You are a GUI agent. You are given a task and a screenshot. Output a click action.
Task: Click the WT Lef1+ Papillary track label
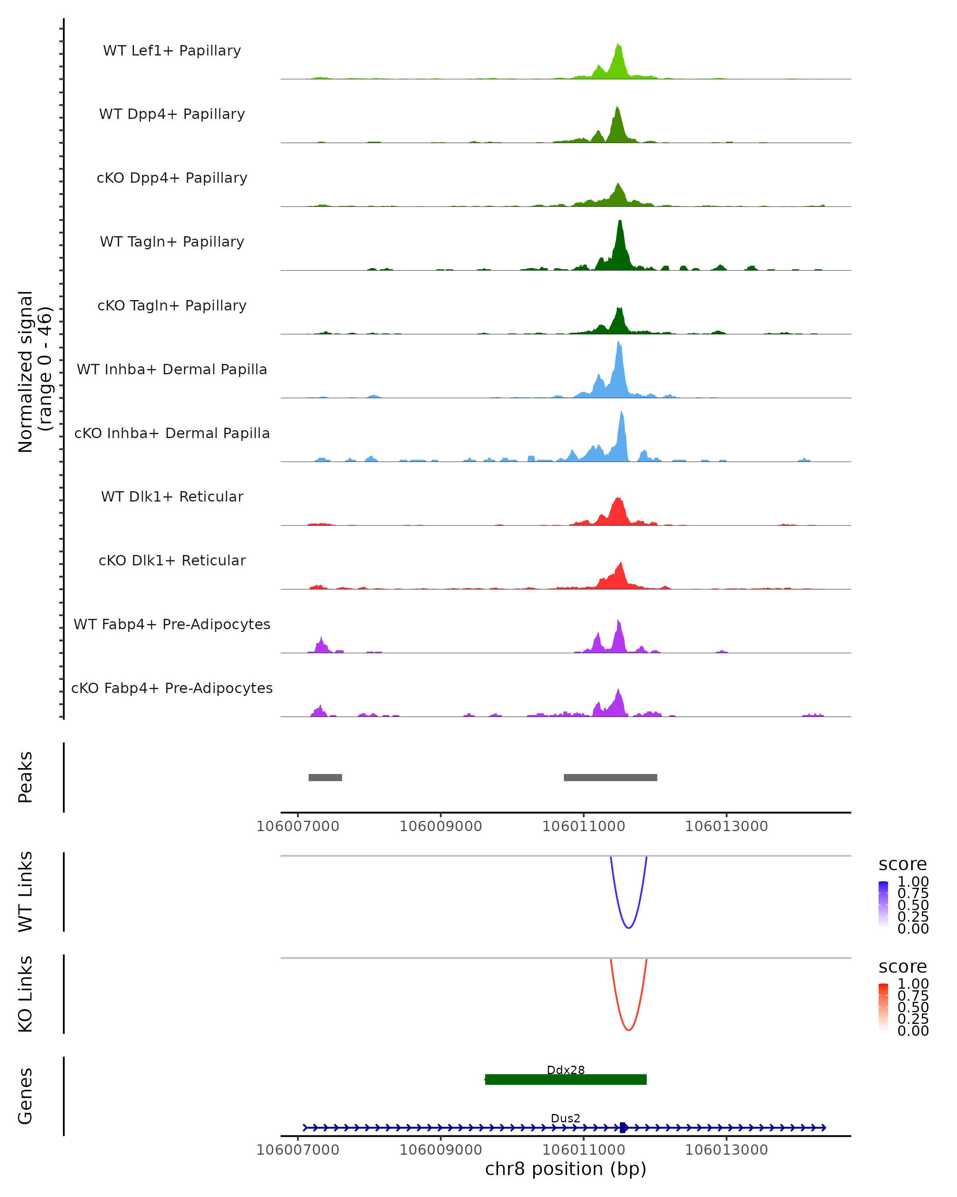point(172,51)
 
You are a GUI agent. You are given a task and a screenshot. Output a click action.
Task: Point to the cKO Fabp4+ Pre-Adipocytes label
point(172,688)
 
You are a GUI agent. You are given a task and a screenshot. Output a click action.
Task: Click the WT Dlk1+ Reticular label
point(172,496)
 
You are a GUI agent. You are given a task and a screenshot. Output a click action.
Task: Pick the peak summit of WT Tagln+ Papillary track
point(620,222)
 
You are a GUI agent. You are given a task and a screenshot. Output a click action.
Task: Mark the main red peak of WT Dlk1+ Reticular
point(618,501)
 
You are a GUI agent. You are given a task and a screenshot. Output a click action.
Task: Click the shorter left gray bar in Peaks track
point(325,777)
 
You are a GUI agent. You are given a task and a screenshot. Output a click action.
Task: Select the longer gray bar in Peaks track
point(610,777)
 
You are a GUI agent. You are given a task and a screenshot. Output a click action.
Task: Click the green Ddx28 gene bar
point(565,1079)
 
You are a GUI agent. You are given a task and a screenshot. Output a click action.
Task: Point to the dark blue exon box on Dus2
point(623,1128)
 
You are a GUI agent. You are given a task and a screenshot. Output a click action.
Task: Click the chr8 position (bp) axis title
point(565,1169)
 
